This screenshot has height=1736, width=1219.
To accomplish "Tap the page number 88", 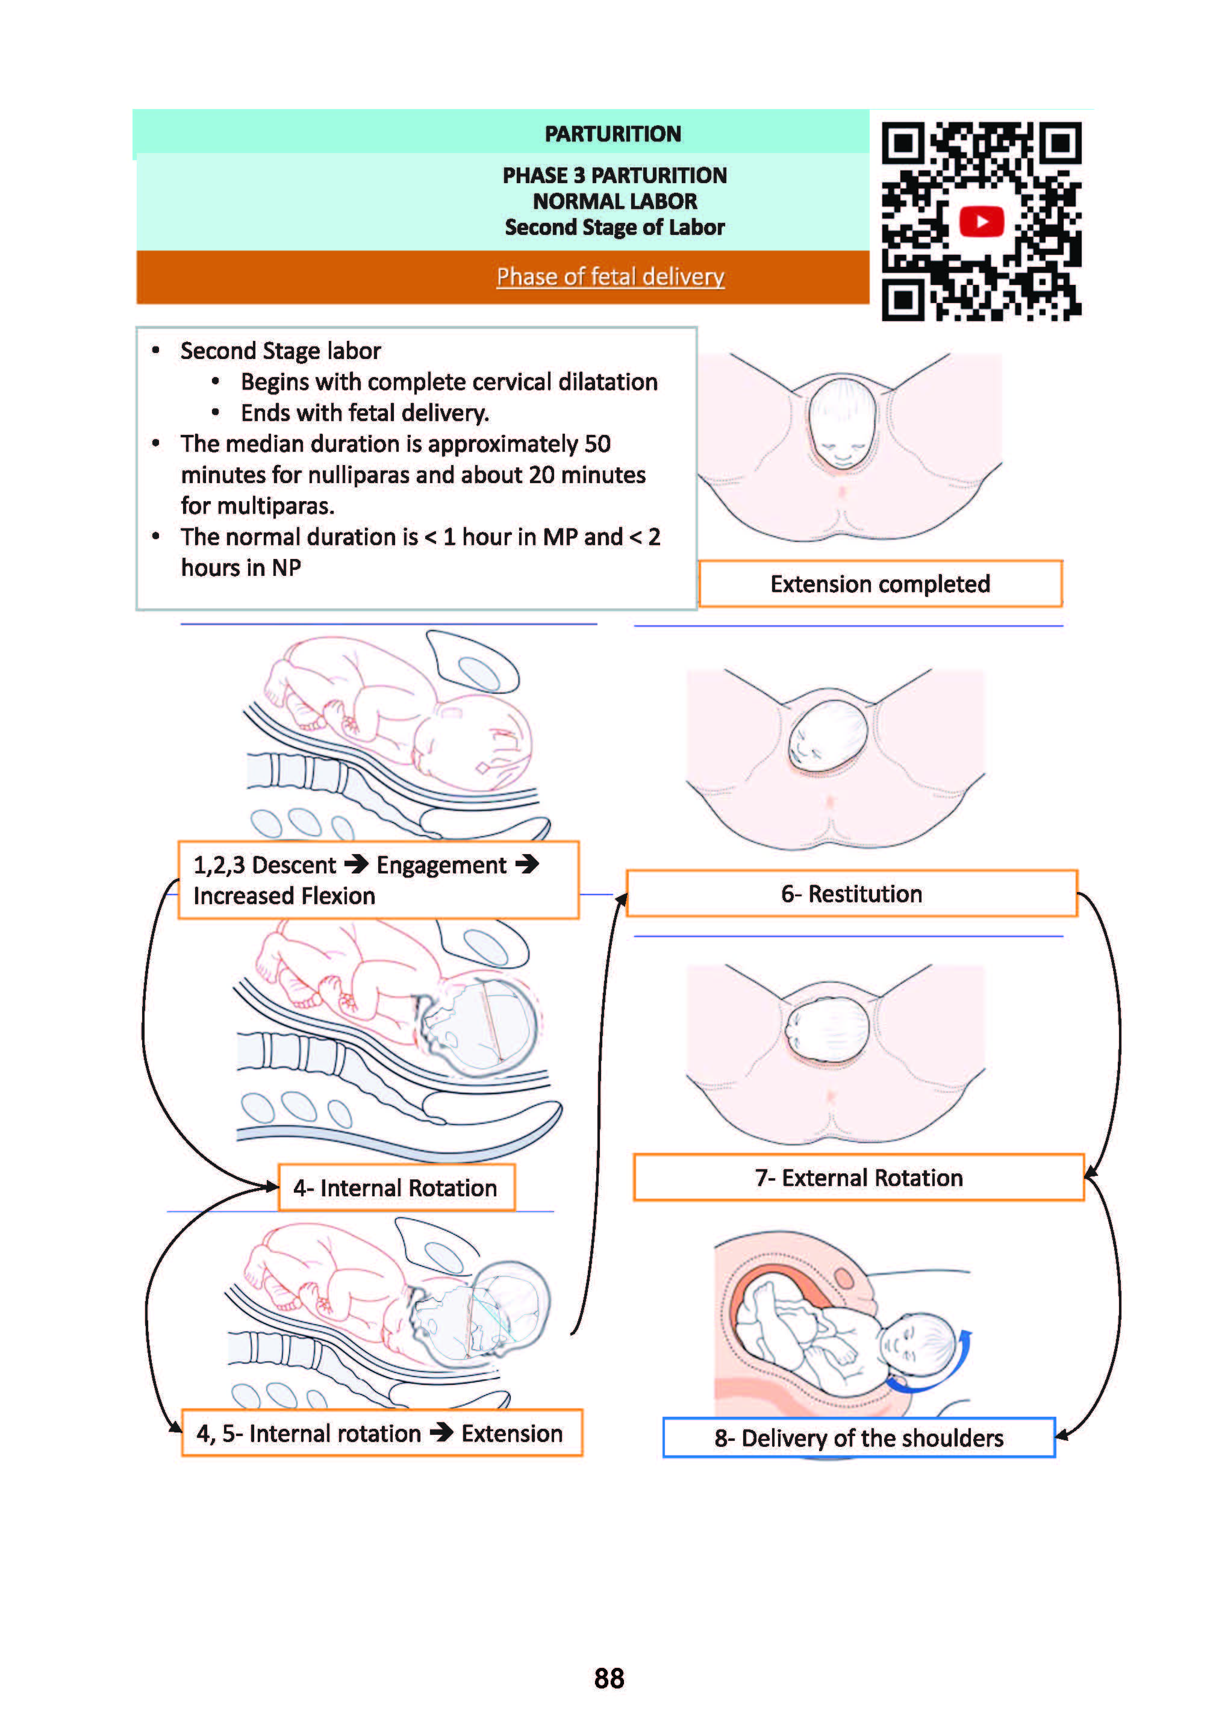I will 609,1678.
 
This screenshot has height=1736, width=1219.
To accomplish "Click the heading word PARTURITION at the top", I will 613,134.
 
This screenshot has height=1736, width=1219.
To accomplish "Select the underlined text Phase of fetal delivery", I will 610,276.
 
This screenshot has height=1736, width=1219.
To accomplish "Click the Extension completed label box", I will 879,584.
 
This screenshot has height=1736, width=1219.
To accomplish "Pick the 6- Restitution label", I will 852,894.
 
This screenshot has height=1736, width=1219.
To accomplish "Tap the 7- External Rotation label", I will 858,1177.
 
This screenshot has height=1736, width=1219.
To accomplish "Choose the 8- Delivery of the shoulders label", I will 858,1437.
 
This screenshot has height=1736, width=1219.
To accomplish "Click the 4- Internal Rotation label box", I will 396,1188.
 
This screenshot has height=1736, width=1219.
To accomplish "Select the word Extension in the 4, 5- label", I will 512,1434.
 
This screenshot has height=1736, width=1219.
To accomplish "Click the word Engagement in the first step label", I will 441,865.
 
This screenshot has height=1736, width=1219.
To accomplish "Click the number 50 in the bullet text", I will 597,444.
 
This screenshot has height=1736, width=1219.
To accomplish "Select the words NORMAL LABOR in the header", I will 614,201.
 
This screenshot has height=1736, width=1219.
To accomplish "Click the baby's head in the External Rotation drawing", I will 828,1028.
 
